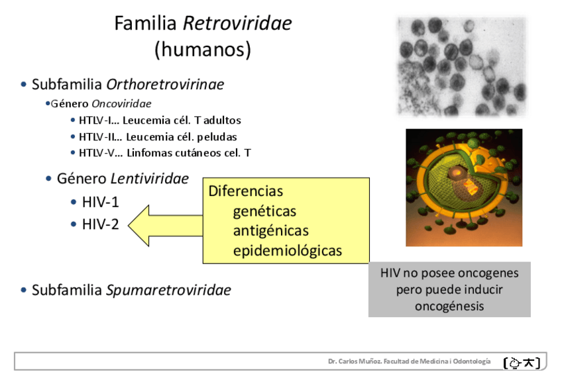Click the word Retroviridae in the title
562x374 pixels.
coord(237,24)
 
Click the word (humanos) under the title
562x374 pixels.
coord(203,50)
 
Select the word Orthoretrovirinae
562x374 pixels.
coord(165,85)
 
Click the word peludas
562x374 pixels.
coord(215,137)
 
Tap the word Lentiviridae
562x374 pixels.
coord(149,179)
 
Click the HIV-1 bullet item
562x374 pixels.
coord(100,203)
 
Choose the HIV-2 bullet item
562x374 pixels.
coord(100,224)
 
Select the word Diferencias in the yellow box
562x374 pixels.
coord(246,191)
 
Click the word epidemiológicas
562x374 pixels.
coord(287,251)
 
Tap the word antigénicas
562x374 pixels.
coord(270,231)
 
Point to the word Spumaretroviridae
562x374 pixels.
coord(168,291)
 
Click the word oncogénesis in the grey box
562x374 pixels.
coord(449,306)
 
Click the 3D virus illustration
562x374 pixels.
coord(464,187)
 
